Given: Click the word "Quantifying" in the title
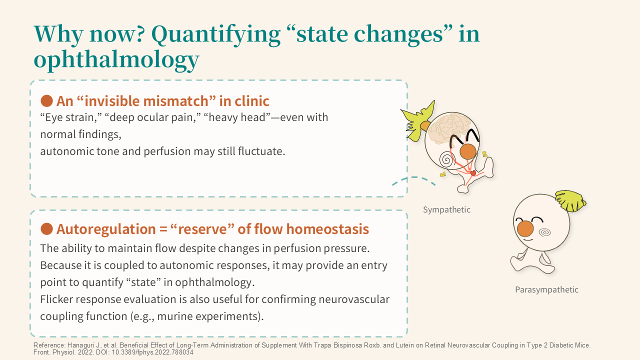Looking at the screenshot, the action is [x=216, y=35].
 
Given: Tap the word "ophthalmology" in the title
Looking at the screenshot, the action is [x=116, y=60].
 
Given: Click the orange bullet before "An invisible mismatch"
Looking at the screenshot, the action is [x=46, y=101].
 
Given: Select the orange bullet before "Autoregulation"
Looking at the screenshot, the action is [x=46, y=229].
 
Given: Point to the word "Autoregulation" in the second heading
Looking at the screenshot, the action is [x=105, y=229].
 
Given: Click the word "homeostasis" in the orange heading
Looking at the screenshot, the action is [x=327, y=229].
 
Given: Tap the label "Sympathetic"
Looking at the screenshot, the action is [x=446, y=209].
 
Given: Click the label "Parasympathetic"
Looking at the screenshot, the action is [x=546, y=289].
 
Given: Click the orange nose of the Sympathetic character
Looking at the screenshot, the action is [x=467, y=151].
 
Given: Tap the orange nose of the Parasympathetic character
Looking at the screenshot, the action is [x=525, y=228].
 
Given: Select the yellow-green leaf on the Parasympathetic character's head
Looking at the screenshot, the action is [x=570, y=200].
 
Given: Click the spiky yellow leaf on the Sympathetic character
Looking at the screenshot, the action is [x=417, y=121].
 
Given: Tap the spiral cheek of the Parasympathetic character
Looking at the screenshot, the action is [x=544, y=232].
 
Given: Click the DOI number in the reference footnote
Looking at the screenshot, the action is [x=152, y=352].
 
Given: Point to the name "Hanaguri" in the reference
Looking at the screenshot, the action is [x=81, y=345].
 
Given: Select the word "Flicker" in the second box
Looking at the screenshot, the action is [x=56, y=299].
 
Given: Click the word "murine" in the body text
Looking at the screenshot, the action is [x=175, y=316].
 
